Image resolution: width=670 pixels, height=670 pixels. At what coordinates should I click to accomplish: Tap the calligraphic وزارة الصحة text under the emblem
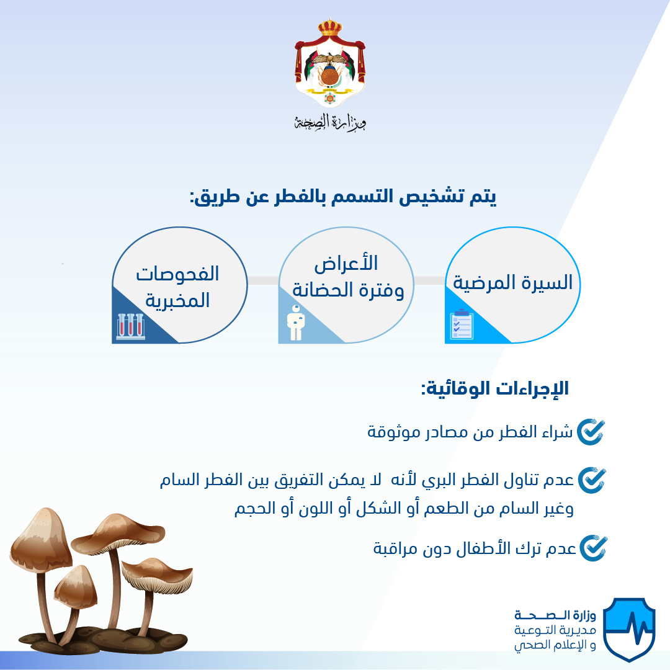330,122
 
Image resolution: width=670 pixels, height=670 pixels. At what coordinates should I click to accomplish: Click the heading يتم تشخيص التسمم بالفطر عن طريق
343,197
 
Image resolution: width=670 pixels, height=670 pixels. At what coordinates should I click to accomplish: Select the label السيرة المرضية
513,282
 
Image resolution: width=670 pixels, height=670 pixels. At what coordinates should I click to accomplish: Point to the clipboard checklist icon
462,324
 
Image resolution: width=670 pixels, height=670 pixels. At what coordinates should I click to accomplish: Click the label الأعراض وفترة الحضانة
347,277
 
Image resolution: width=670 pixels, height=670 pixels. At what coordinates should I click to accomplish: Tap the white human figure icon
296,323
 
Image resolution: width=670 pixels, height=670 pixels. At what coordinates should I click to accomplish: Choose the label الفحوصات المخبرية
177,287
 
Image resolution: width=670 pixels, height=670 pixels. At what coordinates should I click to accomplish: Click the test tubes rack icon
131,326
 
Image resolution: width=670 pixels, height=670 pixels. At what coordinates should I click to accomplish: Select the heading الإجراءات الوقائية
495,388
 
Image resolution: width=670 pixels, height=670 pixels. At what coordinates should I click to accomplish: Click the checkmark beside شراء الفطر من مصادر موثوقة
591,432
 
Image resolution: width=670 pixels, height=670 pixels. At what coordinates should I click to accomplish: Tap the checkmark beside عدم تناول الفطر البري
592,480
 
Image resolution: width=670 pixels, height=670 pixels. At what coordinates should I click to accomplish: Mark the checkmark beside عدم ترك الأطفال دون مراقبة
593,548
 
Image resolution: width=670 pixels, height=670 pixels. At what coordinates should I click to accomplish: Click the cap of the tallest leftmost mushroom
41,534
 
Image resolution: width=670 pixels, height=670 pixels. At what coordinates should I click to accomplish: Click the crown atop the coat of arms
330,27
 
